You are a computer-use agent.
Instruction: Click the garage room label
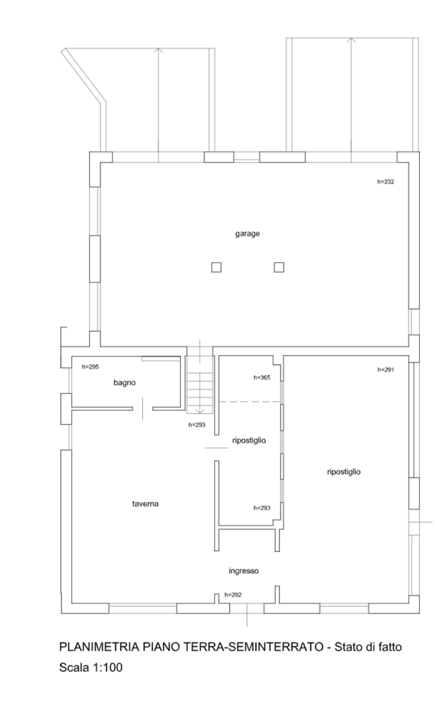point(247,234)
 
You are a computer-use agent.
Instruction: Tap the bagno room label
point(124,383)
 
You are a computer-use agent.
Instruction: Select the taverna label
point(145,504)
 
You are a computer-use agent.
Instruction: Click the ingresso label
point(244,571)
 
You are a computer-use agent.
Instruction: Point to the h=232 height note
point(385,182)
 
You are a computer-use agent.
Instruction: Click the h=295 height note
point(90,367)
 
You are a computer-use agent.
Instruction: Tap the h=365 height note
point(262,378)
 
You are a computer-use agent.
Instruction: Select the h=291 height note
point(385,370)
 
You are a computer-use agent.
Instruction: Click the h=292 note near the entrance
point(233,595)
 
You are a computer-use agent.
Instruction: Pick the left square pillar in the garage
point(216,267)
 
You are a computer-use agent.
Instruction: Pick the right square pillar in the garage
point(279,267)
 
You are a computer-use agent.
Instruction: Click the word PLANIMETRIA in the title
point(96,647)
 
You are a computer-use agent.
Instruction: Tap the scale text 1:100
point(108,668)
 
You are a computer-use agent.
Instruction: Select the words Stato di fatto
point(368,647)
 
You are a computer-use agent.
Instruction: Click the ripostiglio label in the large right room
point(344,472)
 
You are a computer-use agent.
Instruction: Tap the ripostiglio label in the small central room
point(249,440)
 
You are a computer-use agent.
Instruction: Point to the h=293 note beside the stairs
point(196,425)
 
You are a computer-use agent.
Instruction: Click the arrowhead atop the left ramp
point(159,51)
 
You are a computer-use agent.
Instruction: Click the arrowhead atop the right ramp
point(351,41)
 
